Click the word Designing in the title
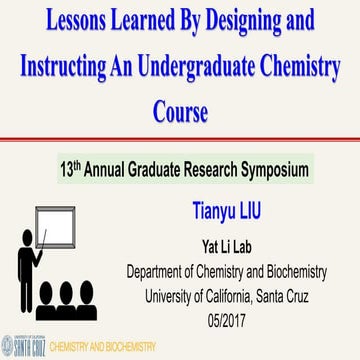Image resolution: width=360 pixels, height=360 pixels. coord(259,21)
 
